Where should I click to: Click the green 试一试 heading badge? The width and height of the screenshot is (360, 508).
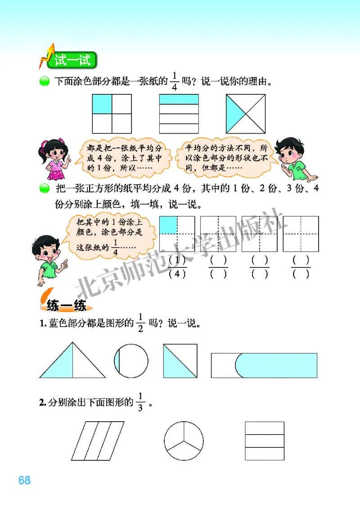[x=72, y=60]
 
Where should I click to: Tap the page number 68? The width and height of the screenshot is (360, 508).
[x=24, y=480]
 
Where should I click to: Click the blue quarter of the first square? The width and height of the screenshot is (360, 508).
[x=102, y=104]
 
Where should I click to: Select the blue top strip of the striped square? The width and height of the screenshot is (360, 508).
[x=179, y=99]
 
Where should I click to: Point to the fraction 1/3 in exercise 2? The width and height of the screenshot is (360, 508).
[x=141, y=402]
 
